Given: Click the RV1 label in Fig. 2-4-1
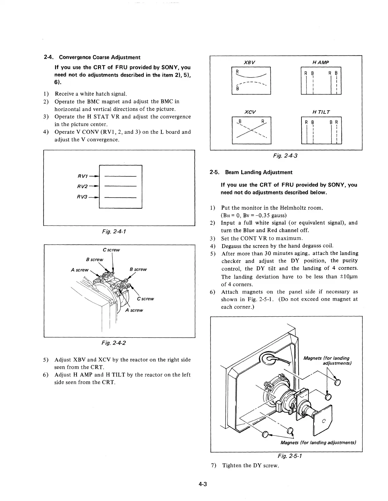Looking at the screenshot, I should coord(82,177).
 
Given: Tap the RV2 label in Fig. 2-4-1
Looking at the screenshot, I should coord(82,187).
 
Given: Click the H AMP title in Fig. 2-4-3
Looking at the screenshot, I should coord(320,62).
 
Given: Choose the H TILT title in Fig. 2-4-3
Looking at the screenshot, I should coord(321,112).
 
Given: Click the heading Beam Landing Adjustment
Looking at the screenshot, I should coord(259,172).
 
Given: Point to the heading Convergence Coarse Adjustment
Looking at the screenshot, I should coord(100,57).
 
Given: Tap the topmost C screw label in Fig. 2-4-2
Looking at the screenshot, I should coord(111,250).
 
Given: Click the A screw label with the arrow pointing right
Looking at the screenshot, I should coord(80,270).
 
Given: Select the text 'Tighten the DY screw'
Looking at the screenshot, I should coord(250,465).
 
